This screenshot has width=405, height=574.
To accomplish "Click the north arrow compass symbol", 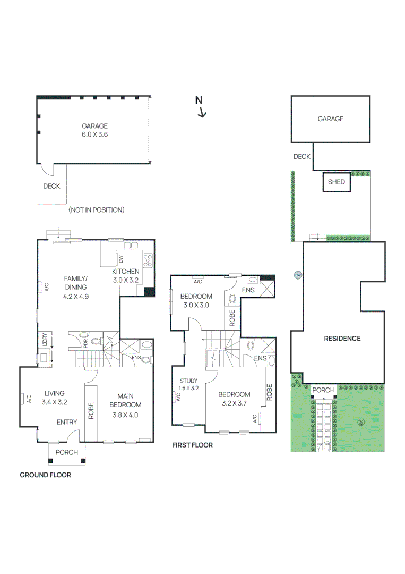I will tap(201, 106).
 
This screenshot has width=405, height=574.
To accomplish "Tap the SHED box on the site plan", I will tap(337, 182).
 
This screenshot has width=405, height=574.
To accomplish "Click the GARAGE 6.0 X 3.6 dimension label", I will tap(94, 130).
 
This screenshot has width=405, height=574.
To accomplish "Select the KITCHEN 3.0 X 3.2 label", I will tap(125, 275).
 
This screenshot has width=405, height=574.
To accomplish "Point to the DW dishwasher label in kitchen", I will tap(121, 259).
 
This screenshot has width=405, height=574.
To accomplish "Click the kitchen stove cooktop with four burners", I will tap(147, 260).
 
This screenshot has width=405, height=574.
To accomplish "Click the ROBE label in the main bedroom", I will tap(91, 411).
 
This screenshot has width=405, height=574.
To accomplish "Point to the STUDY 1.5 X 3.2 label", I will tap(188, 384).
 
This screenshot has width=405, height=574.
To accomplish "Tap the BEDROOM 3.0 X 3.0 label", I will tap(196, 300).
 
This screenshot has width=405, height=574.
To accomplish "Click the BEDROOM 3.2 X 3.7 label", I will tap(234, 399).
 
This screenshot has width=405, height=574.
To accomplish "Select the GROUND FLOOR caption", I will tap(45, 475).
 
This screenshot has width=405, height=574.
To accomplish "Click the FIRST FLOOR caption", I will tap(192, 445).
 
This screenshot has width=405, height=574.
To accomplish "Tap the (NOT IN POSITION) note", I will tap(96, 210).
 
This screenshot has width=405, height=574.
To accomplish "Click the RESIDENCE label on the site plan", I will tap(342, 339).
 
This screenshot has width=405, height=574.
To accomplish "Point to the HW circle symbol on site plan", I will tap(297, 275).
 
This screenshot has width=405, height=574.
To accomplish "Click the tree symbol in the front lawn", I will tap(361, 423).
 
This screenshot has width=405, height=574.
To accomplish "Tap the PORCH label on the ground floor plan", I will tap(67, 452).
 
